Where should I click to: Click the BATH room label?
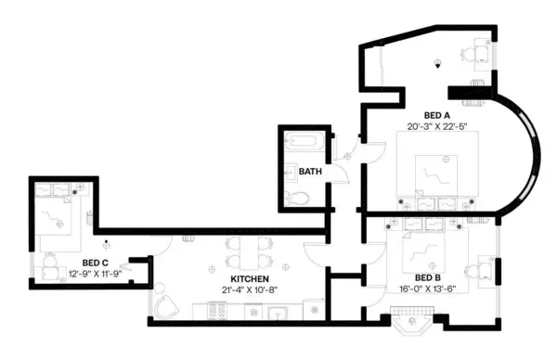(x=310, y=172)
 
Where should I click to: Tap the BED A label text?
(x=436, y=115)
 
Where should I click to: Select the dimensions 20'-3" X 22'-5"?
(x=436, y=126)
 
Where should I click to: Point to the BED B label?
(x=426, y=278)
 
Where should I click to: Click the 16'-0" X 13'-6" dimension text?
(x=426, y=289)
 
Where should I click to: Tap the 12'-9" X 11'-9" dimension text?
(x=96, y=274)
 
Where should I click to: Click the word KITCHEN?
(x=250, y=278)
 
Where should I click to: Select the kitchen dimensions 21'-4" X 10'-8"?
(x=250, y=289)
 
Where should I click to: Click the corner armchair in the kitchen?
(x=167, y=308)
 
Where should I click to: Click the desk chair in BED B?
(x=477, y=271)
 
